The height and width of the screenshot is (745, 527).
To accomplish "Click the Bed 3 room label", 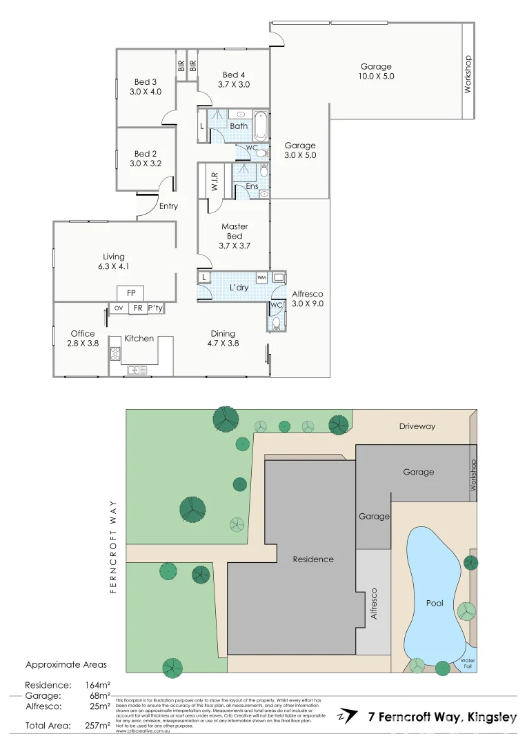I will click(x=145, y=82).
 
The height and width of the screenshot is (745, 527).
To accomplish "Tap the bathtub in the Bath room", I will click(x=261, y=126).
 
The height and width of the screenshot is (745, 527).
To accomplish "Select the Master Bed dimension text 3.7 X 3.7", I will click(x=235, y=246).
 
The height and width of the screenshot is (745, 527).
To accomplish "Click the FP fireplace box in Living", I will click(x=130, y=293).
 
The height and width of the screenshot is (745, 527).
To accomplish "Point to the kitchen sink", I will click(x=137, y=370).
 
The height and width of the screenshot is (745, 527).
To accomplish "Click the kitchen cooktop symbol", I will click(x=115, y=355).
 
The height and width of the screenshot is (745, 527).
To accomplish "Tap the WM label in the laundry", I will click(x=261, y=277).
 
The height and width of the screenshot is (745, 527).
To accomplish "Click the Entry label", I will click(x=168, y=206).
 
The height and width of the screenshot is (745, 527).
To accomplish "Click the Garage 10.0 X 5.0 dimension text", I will click(x=377, y=77).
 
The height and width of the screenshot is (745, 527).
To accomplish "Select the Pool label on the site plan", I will click(x=434, y=602).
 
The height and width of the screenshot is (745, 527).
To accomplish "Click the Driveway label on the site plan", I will click(x=417, y=426).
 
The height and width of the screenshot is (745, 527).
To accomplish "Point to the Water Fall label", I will click(x=468, y=663).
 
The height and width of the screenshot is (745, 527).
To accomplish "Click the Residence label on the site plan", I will click(x=313, y=559).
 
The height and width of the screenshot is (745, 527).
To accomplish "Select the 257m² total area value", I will click(x=97, y=725).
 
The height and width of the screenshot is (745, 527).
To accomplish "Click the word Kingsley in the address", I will click(x=493, y=717).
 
